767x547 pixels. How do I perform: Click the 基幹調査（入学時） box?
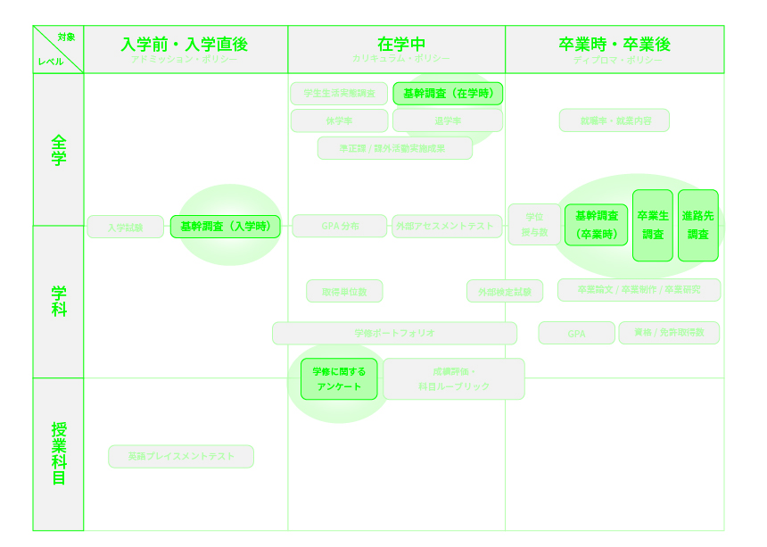tap(226, 227)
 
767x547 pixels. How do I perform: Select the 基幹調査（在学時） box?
tap(448, 94)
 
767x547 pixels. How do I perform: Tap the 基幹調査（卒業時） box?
tap(596, 225)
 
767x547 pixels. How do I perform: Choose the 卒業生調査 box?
tap(653, 226)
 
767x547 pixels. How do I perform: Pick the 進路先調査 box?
tap(697, 226)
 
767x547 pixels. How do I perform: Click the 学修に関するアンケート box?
tap(339, 379)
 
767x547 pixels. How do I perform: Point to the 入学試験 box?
tap(126, 228)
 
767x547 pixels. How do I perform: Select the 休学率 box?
tap(339, 120)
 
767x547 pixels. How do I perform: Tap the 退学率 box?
tap(448, 120)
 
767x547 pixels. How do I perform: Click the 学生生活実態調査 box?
tap(339, 94)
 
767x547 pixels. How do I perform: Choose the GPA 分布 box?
tap(340, 227)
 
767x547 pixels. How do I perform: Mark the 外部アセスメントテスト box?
tap(444, 227)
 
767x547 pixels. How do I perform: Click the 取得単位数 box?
tap(344, 292)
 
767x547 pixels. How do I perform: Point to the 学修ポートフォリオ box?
tap(394, 334)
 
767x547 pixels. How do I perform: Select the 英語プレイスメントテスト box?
tap(181, 457)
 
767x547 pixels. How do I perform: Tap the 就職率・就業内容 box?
tap(614, 120)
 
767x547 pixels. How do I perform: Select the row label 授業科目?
tap(59, 454)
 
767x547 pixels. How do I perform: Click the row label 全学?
tap(59, 150)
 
